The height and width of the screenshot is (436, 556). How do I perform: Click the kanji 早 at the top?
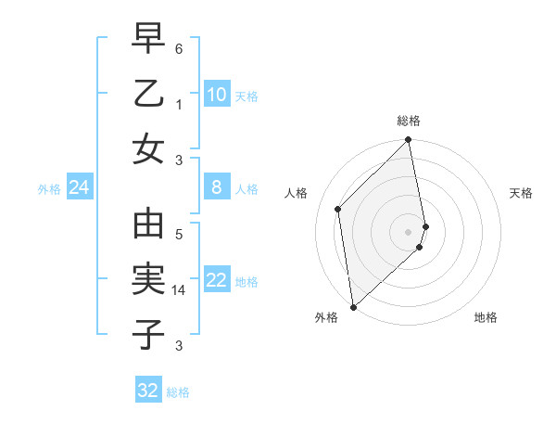coord(148,40)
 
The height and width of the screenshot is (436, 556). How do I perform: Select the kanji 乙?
coord(148,94)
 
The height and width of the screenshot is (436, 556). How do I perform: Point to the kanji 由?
coord(148,225)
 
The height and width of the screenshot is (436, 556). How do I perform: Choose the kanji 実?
coord(148,279)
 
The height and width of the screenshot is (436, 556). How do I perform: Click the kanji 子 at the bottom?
coord(148,333)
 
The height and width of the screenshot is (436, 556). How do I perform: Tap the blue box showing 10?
coord(216,94)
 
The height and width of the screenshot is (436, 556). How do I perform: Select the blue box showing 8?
coord(216,187)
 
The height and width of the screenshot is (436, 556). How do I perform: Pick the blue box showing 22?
coord(216,280)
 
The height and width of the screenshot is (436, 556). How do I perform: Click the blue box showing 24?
coord(79,187)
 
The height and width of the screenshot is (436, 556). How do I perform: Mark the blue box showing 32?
coord(148,391)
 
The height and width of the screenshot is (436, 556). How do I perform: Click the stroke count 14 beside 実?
coord(181,290)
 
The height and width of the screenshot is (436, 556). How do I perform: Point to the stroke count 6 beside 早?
coord(180,47)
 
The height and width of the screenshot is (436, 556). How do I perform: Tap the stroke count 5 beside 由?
coord(180,236)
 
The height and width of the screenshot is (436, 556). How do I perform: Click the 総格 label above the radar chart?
coord(409,121)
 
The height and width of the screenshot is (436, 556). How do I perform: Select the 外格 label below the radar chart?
coord(325,317)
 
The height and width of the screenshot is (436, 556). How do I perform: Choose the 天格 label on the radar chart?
coord(521,193)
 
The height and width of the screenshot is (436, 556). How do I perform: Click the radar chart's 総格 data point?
coord(409,141)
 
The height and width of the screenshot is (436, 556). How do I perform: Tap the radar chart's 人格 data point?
coord(338,209)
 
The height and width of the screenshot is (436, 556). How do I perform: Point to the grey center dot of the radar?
coord(409,231)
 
